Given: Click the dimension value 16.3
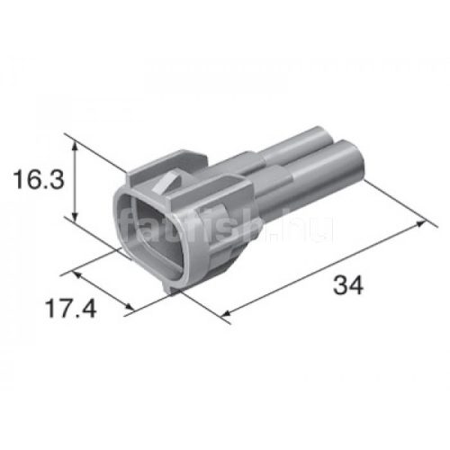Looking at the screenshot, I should [x=39, y=180].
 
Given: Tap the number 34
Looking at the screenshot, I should [x=347, y=286].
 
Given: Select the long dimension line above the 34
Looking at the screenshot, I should [x=324, y=268].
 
